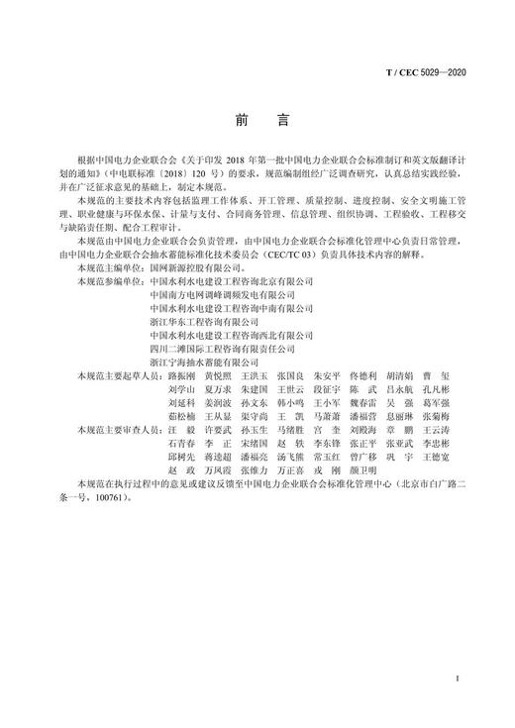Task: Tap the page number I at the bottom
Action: pyautogui.click(x=454, y=677)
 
